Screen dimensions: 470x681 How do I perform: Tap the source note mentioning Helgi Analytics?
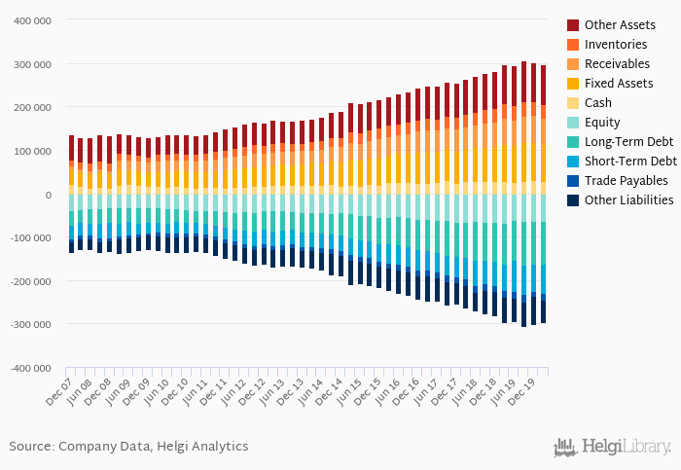coord(128,447)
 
